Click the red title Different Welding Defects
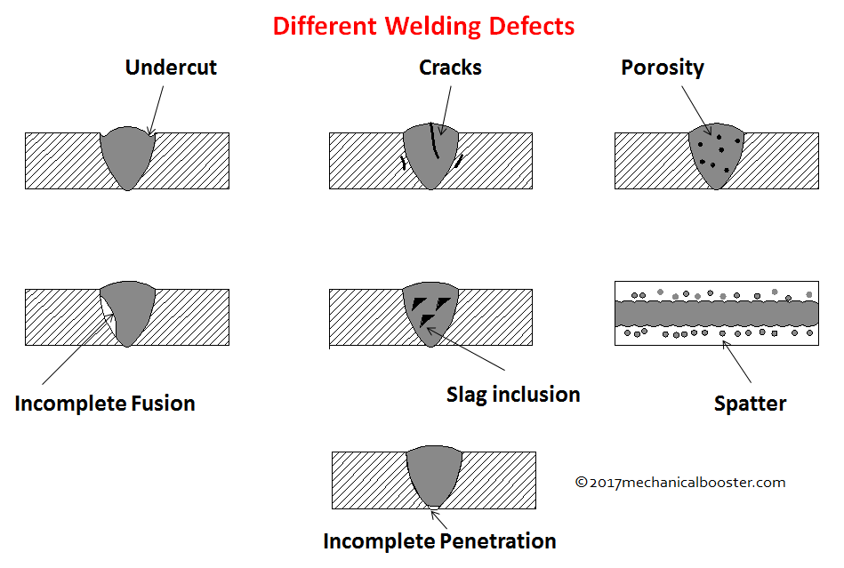coord(423,26)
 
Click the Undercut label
coord(171,68)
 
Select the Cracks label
coord(450,68)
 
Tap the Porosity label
coord(663,68)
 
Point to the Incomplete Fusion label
coord(105,404)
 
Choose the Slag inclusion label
coord(513,395)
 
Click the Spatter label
coord(750,404)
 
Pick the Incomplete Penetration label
coord(439,540)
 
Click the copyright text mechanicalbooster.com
coord(680,483)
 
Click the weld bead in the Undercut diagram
coord(128,158)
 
